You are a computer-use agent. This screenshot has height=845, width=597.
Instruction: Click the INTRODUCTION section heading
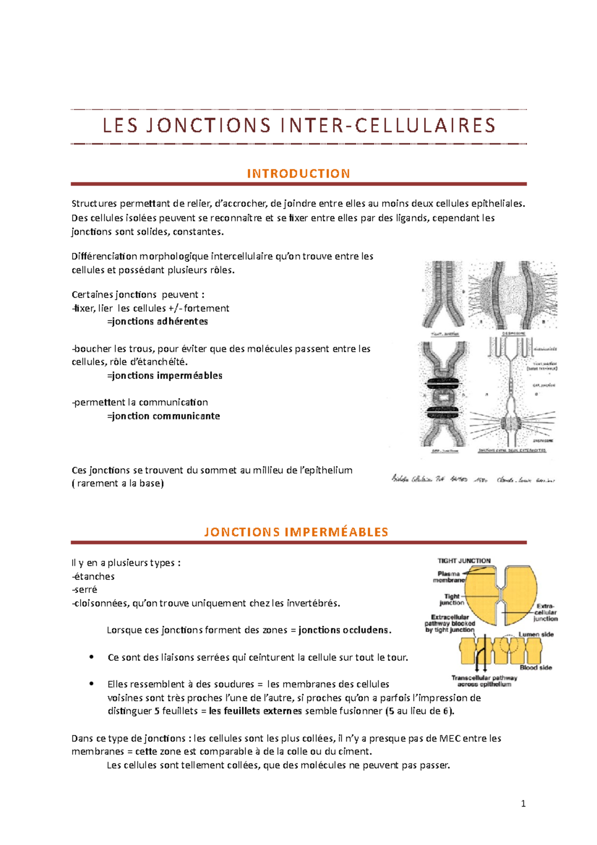click(x=298, y=174)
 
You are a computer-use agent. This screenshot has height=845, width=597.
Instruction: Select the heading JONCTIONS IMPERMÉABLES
click(x=296, y=532)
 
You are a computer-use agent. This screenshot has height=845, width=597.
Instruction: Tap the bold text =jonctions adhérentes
click(x=158, y=321)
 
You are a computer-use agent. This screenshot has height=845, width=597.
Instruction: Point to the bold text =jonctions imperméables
click(x=165, y=376)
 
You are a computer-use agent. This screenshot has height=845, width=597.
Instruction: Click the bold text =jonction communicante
click(x=164, y=416)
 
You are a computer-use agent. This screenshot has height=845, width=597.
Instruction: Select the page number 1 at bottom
click(x=523, y=803)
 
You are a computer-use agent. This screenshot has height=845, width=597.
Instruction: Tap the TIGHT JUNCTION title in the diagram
click(x=464, y=561)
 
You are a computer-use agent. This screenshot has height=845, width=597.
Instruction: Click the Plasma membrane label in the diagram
click(x=449, y=577)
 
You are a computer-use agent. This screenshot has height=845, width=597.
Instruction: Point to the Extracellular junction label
click(x=545, y=613)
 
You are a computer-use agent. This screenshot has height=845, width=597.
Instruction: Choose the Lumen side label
click(x=536, y=634)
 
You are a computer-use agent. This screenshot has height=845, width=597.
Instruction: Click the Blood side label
click(x=536, y=667)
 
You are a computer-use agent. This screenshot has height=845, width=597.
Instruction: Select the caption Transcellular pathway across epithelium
click(x=484, y=681)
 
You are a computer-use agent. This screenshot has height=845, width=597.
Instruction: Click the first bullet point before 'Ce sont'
click(x=92, y=657)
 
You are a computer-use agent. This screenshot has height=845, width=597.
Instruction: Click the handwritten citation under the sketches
click(x=473, y=479)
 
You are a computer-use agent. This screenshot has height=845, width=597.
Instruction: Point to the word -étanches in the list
click(x=93, y=576)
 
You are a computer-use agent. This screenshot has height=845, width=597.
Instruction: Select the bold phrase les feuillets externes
click(x=255, y=711)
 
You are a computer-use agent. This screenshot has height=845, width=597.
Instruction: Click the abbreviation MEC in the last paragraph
click(x=450, y=739)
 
